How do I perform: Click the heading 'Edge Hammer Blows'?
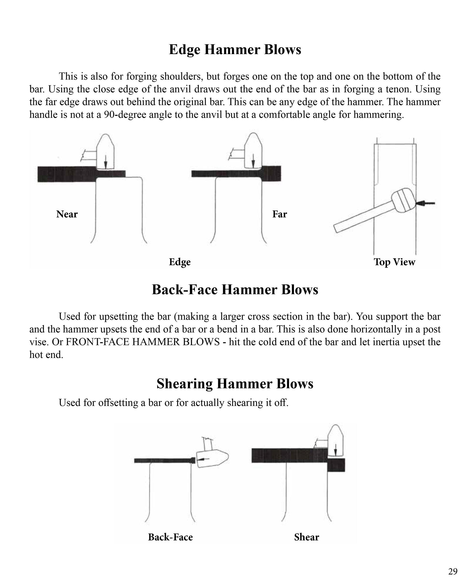(235, 50)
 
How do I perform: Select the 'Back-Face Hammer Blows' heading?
(235, 290)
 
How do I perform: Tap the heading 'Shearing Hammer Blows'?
(235, 384)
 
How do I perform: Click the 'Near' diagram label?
(67, 214)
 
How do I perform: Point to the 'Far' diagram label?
(279, 214)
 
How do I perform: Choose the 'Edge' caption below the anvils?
(180, 262)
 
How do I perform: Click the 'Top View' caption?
(394, 262)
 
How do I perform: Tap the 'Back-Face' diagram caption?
(170, 537)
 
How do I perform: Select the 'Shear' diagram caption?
(306, 537)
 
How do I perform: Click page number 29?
(453, 571)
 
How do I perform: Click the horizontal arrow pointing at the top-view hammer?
(426, 203)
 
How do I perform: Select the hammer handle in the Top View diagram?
(363, 217)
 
